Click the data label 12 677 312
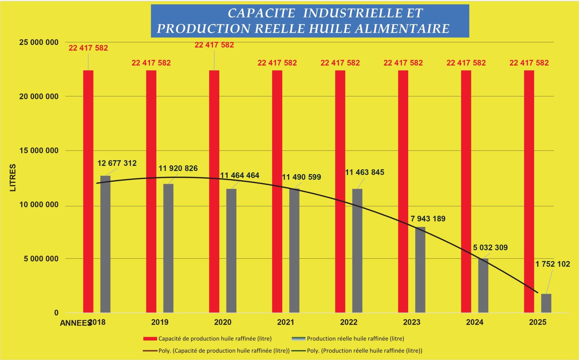point(117,163)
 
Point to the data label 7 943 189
point(428,219)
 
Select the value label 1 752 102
point(552,264)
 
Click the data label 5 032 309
point(490,248)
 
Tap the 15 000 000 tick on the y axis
point(39,151)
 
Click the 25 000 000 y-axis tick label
point(39,42)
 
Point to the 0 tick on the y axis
point(56,313)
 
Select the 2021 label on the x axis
point(286,322)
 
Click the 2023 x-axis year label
point(412,322)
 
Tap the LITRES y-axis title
point(13,177)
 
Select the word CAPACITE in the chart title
point(261,13)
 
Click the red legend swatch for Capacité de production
point(150,339)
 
